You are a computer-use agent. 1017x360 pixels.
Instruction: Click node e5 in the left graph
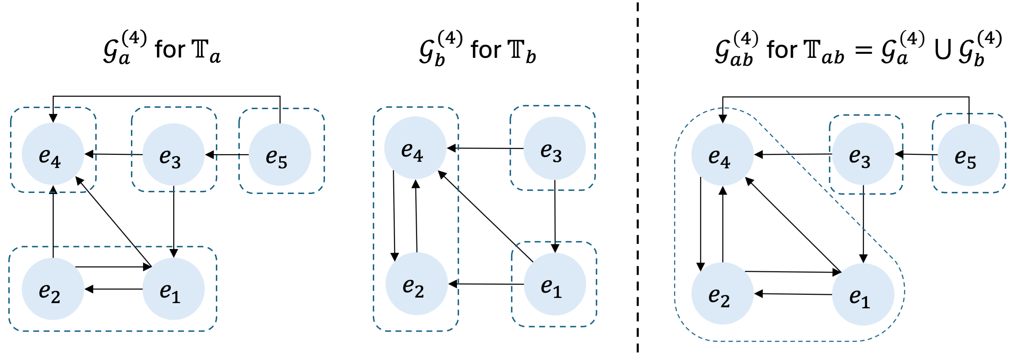click(280, 155)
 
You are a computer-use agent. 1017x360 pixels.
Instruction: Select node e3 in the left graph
click(173, 155)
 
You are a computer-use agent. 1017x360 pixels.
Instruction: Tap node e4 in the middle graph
click(415, 148)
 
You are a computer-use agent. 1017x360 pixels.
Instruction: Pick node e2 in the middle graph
click(416, 284)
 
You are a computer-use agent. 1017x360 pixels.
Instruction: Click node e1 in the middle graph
click(554, 284)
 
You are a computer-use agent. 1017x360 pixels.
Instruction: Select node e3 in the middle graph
click(554, 148)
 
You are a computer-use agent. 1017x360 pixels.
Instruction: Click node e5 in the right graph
click(968, 155)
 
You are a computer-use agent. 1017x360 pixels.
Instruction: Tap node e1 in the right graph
click(863, 295)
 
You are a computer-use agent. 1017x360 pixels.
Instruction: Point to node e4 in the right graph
click(722, 155)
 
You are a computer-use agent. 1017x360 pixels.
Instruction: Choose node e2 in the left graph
click(53, 289)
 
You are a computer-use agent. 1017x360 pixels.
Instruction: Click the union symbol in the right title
click(943, 51)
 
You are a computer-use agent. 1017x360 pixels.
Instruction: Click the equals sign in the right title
click(863, 51)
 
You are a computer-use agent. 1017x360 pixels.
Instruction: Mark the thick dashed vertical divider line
click(637, 178)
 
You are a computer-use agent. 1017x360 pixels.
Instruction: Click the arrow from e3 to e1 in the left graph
click(174, 221)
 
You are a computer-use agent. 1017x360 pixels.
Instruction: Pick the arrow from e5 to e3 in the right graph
click(916, 154)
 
